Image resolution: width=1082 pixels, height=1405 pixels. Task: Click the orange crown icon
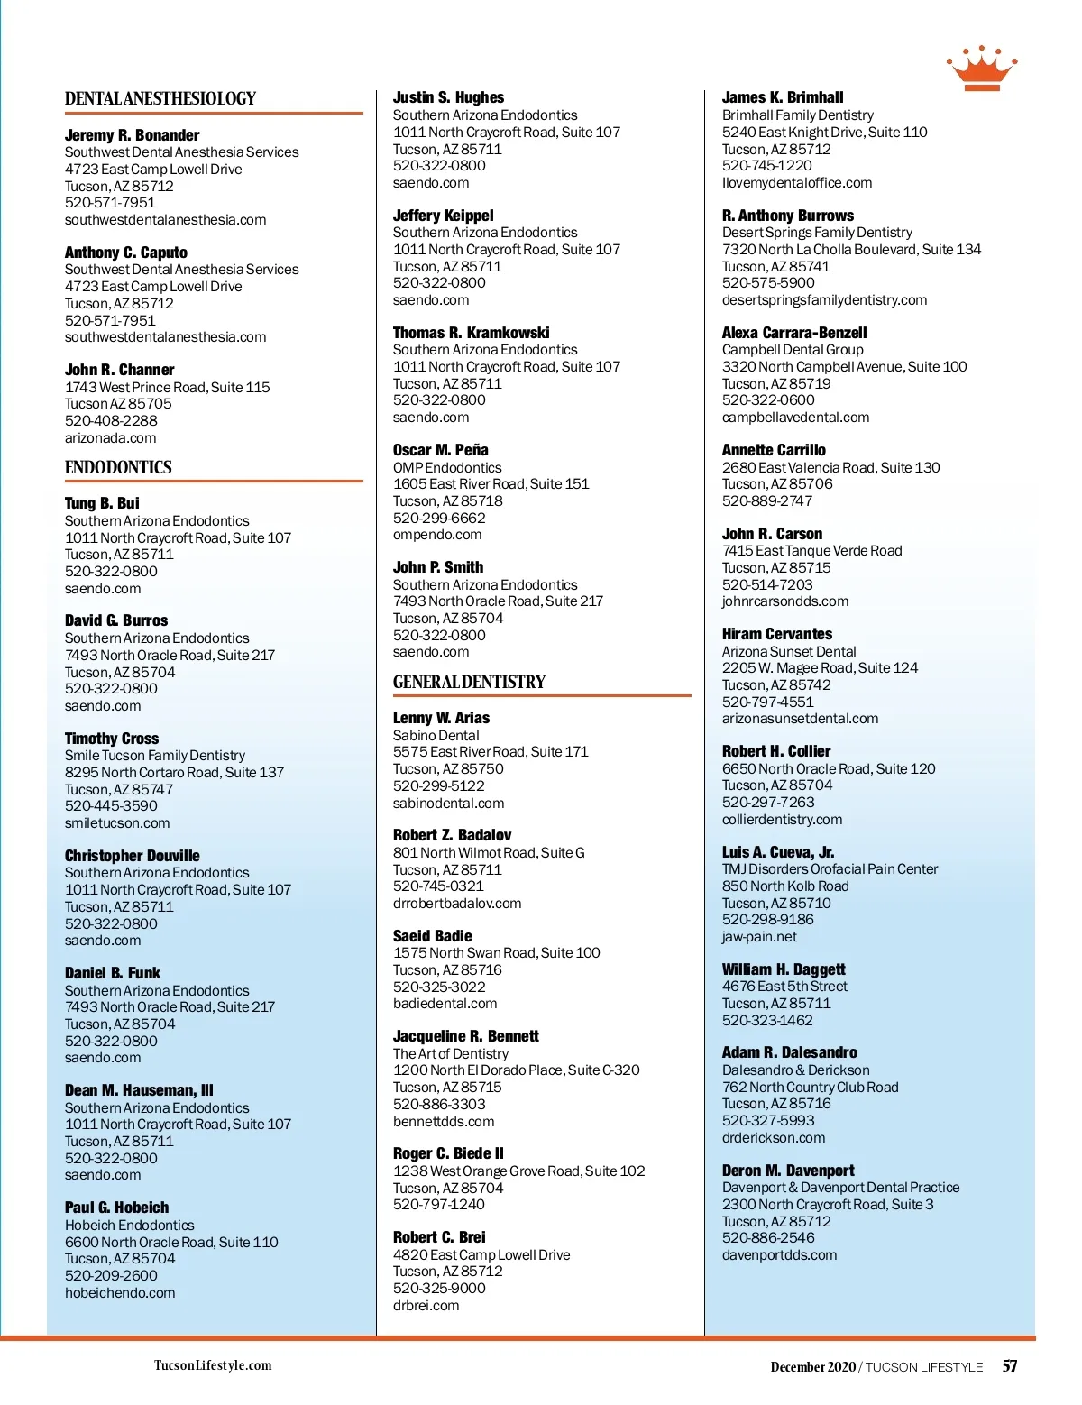981,69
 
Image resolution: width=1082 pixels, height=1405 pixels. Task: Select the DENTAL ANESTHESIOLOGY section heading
160,99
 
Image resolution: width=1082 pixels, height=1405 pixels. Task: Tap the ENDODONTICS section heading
118,467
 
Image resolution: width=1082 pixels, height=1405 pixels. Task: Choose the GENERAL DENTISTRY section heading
469,682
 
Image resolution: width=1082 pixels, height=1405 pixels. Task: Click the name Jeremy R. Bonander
132,135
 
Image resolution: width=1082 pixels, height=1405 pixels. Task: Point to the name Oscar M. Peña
440,450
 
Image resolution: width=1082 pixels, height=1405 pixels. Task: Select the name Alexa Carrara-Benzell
793,333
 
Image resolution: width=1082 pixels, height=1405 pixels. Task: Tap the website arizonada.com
110,438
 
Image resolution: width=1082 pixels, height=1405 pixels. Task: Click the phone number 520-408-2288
111,421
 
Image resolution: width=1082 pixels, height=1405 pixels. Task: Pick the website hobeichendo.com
120,1293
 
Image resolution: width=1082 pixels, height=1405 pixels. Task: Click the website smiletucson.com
117,823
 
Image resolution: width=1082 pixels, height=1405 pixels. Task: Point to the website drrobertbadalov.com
457,904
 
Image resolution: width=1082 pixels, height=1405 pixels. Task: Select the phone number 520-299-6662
439,519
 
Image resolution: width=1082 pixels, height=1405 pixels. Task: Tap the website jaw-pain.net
759,937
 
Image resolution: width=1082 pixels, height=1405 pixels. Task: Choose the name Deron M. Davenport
788,1171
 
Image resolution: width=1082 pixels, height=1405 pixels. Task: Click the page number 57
1010,1366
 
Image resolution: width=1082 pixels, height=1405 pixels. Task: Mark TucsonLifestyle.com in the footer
213,1365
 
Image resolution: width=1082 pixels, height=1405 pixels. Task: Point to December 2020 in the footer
812,1367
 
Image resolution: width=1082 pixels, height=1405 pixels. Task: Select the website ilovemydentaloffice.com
797,183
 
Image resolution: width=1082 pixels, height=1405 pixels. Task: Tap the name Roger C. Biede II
448,1153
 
